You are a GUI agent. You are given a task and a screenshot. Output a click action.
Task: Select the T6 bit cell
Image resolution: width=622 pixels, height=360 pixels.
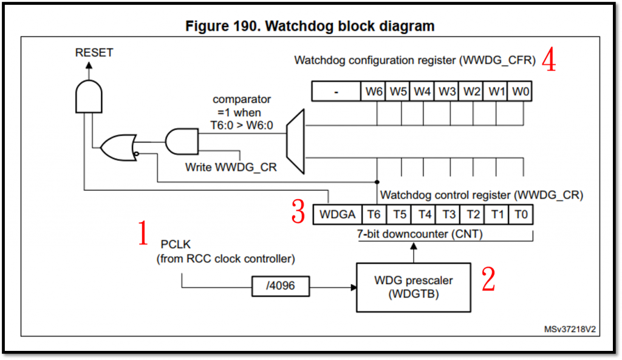[x=374, y=215]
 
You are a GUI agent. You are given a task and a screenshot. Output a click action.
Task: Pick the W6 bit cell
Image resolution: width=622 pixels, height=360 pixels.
[x=374, y=91]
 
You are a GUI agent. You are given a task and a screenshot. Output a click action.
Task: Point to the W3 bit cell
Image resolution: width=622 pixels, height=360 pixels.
[x=447, y=91]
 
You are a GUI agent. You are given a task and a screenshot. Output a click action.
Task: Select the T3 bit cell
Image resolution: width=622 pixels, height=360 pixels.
[x=448, y=215]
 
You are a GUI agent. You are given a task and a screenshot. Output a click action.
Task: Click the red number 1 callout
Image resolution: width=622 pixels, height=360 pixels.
[x=143, y=234]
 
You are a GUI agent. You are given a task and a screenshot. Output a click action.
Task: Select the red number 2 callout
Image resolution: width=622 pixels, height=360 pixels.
[x=488, y=279]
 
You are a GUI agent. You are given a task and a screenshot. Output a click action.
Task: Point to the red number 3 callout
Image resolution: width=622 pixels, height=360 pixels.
[x=298, y=211]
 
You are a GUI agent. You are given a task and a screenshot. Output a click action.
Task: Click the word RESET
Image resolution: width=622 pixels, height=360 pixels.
[x=94, y=53]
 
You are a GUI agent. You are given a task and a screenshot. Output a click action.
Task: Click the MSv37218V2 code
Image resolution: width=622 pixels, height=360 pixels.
[x=570, y=329]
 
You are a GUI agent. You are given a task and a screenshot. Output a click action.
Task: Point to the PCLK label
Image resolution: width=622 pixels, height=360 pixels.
[x=176, y=246]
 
